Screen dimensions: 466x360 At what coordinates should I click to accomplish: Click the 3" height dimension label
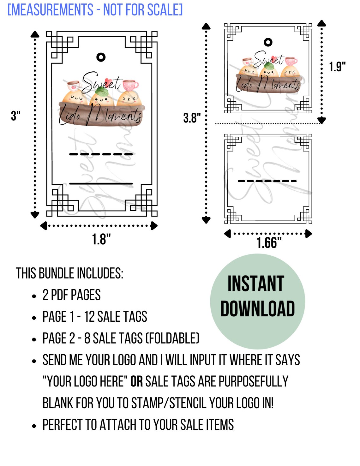click(15, 116)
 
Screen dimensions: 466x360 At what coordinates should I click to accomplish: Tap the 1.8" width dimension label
click(101, 239)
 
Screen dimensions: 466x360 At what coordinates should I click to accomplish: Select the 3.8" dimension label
click(192, 118)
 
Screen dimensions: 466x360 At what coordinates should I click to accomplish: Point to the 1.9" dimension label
click(337, 67)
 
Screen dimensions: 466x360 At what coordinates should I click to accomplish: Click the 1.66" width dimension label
click(269, 243)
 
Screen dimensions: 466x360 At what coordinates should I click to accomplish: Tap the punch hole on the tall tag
click(101, 57)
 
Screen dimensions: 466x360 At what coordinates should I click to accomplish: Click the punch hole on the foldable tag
click(268, 42)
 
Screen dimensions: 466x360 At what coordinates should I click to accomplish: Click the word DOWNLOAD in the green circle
click(257, 308)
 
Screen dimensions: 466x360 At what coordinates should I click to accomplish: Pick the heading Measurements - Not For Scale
click(95, 10)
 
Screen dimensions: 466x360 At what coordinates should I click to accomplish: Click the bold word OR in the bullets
click(136, 381)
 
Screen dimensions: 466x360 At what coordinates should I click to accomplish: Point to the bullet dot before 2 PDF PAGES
click(34, 296)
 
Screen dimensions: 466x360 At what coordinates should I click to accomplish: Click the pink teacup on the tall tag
click(130, 85)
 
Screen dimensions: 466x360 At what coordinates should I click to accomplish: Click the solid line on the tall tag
click(101, 183)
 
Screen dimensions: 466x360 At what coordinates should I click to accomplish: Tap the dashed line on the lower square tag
click(267, 181)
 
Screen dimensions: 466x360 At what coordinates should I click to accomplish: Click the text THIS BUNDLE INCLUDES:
click(69, 273)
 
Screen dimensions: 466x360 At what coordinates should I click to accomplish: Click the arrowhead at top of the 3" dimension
click(35, 34)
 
